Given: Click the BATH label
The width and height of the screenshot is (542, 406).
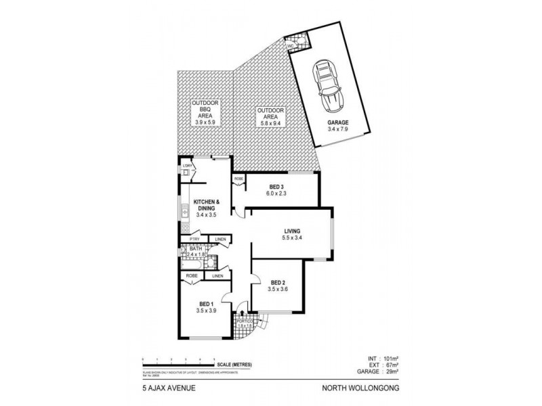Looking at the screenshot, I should coord(196,249).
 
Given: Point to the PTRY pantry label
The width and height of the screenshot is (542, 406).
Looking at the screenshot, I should coord(194,239).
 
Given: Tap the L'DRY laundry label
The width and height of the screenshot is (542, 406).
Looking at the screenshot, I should coord(187,166).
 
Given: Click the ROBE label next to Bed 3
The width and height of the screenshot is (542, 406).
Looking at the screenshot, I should coord(238,179).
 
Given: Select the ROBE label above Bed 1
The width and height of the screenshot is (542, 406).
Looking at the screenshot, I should coord(192,276).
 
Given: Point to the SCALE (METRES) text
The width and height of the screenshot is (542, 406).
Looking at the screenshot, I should coord(236,365).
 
